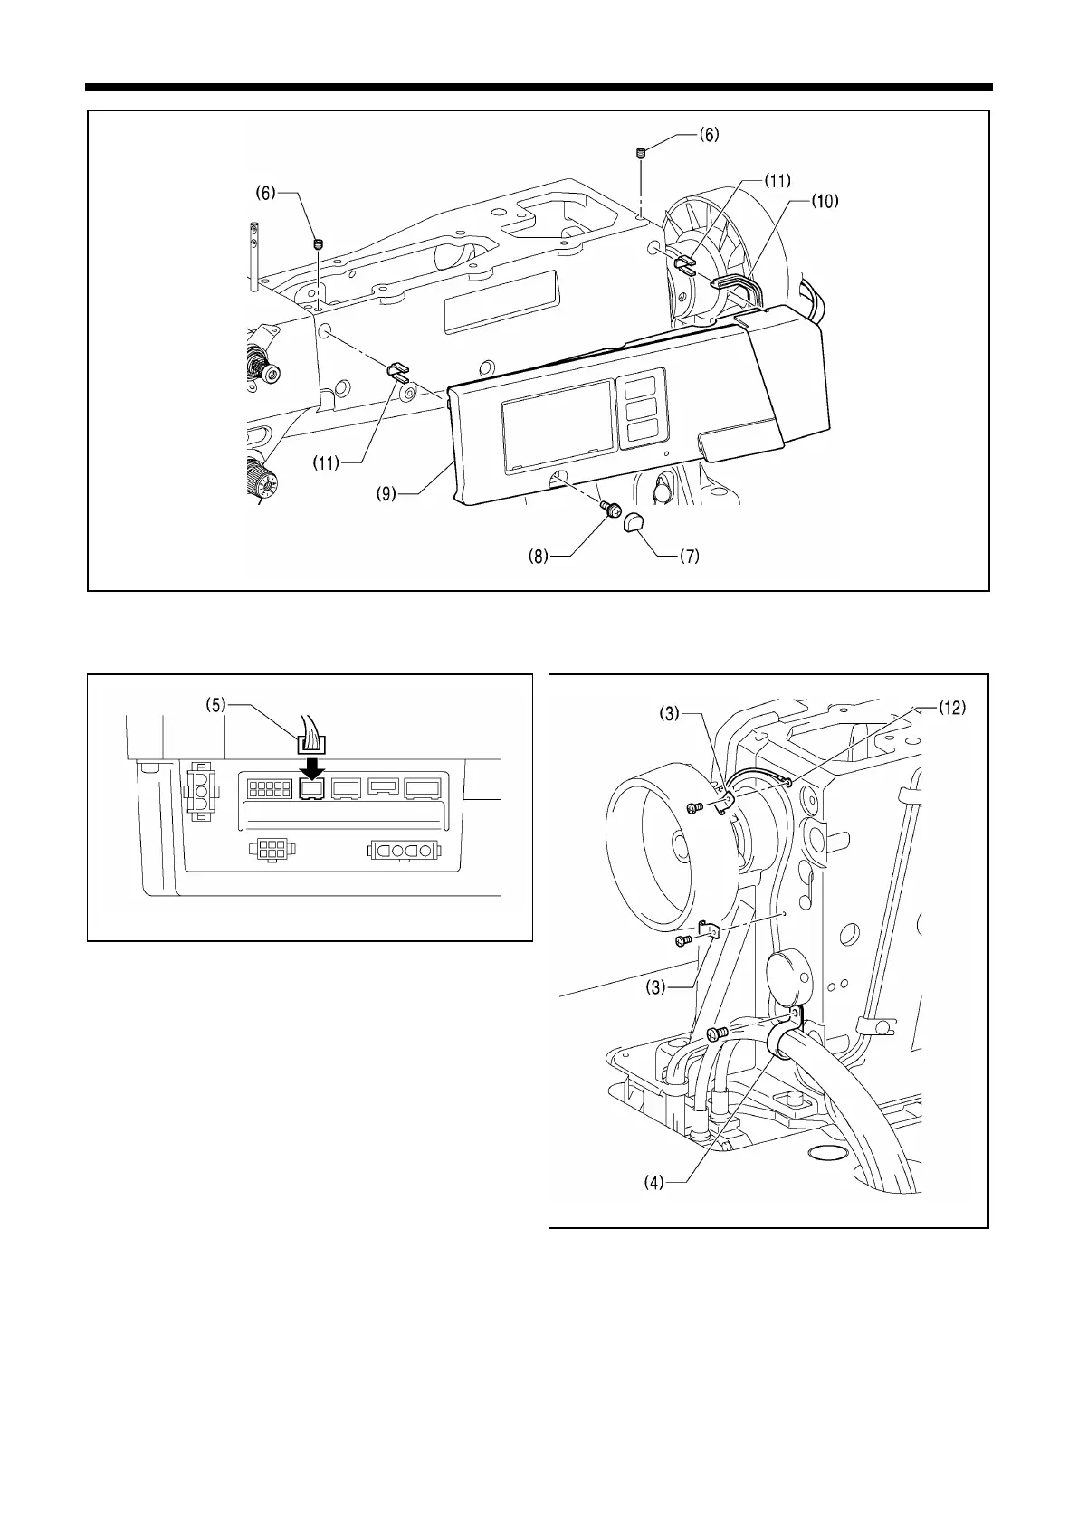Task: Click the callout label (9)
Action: (x=387, y=496)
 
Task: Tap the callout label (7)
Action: (x=690, y=557)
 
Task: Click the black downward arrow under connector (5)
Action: (x=310, y=767)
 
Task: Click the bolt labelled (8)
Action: (x=610, y=511)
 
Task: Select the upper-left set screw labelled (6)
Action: (x=319, y=243)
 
